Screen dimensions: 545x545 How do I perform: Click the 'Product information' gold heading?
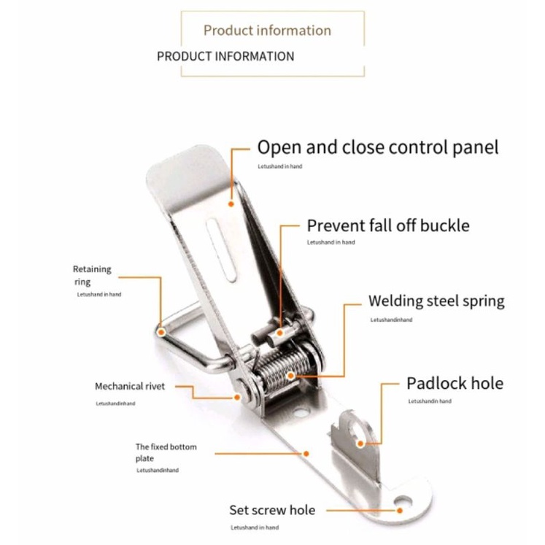tap(267, 31)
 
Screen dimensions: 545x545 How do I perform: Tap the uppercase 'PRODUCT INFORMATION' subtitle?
tap(225, 56)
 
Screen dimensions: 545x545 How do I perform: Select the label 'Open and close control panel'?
tap(378, 147)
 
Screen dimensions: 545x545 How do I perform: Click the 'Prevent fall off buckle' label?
tap(388, 225)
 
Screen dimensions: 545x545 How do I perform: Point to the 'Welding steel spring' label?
tap(436, 301)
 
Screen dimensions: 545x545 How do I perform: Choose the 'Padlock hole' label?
tap(455, 384)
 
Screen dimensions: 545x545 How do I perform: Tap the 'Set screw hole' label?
tap(272, 510)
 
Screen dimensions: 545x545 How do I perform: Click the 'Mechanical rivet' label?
tap(130, 386)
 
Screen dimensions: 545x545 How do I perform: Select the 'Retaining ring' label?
tap(92, 275)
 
